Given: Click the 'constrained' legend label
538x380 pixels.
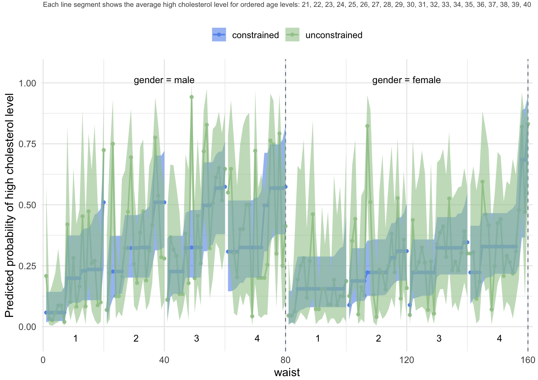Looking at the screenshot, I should [255, 35].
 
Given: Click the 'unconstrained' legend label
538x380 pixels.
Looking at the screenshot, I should [334, 35].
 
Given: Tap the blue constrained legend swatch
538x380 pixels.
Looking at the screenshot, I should [219, 35].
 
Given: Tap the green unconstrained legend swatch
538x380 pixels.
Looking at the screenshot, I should [292, 35].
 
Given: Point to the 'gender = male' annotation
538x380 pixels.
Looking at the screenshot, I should [164, 80].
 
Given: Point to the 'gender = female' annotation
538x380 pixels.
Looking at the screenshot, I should [406, 80].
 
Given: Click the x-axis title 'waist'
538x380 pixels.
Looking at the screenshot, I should [287, 372].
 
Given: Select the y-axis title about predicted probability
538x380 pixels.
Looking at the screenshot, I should [10, 205].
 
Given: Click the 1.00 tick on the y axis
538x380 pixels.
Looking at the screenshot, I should [27, 83].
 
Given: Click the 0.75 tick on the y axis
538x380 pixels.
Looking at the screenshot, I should [27, 144].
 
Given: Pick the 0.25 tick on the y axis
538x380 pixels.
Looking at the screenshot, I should [27, 266].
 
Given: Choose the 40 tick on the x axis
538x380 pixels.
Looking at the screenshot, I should [164, 360].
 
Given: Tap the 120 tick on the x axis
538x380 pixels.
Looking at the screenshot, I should [406, 360].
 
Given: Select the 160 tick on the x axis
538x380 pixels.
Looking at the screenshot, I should [528, 360].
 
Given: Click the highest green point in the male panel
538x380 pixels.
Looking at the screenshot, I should [191, 97].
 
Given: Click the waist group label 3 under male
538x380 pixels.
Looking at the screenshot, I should [197, 339].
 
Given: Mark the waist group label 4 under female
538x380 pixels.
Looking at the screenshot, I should [500, 339].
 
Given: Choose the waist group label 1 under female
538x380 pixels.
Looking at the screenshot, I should [318, 339].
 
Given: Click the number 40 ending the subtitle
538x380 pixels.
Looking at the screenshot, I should [527, 5].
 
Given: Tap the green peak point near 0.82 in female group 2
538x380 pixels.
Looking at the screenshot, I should [367, 126].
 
